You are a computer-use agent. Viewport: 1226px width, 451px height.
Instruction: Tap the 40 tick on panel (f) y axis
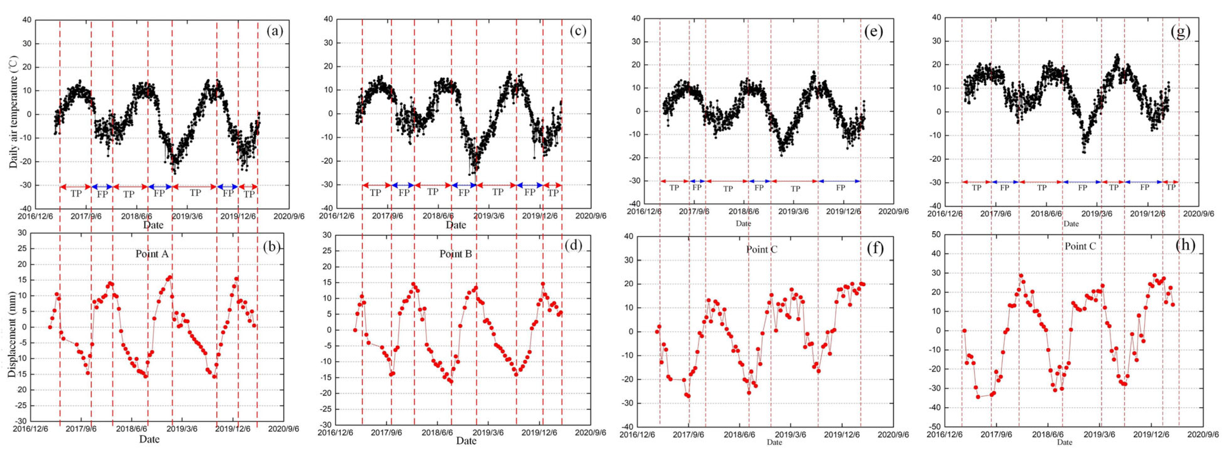click(x=629, y=236)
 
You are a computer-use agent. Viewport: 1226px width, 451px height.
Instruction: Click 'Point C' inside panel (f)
click(x=762, y=250)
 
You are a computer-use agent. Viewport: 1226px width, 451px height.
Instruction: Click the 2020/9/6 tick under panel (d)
click(x=591, y=433)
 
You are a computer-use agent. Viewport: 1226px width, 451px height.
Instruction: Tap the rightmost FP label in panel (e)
click(x=840, y=188)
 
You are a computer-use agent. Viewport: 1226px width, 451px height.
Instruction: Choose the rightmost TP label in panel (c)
click(x=552, y=193)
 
